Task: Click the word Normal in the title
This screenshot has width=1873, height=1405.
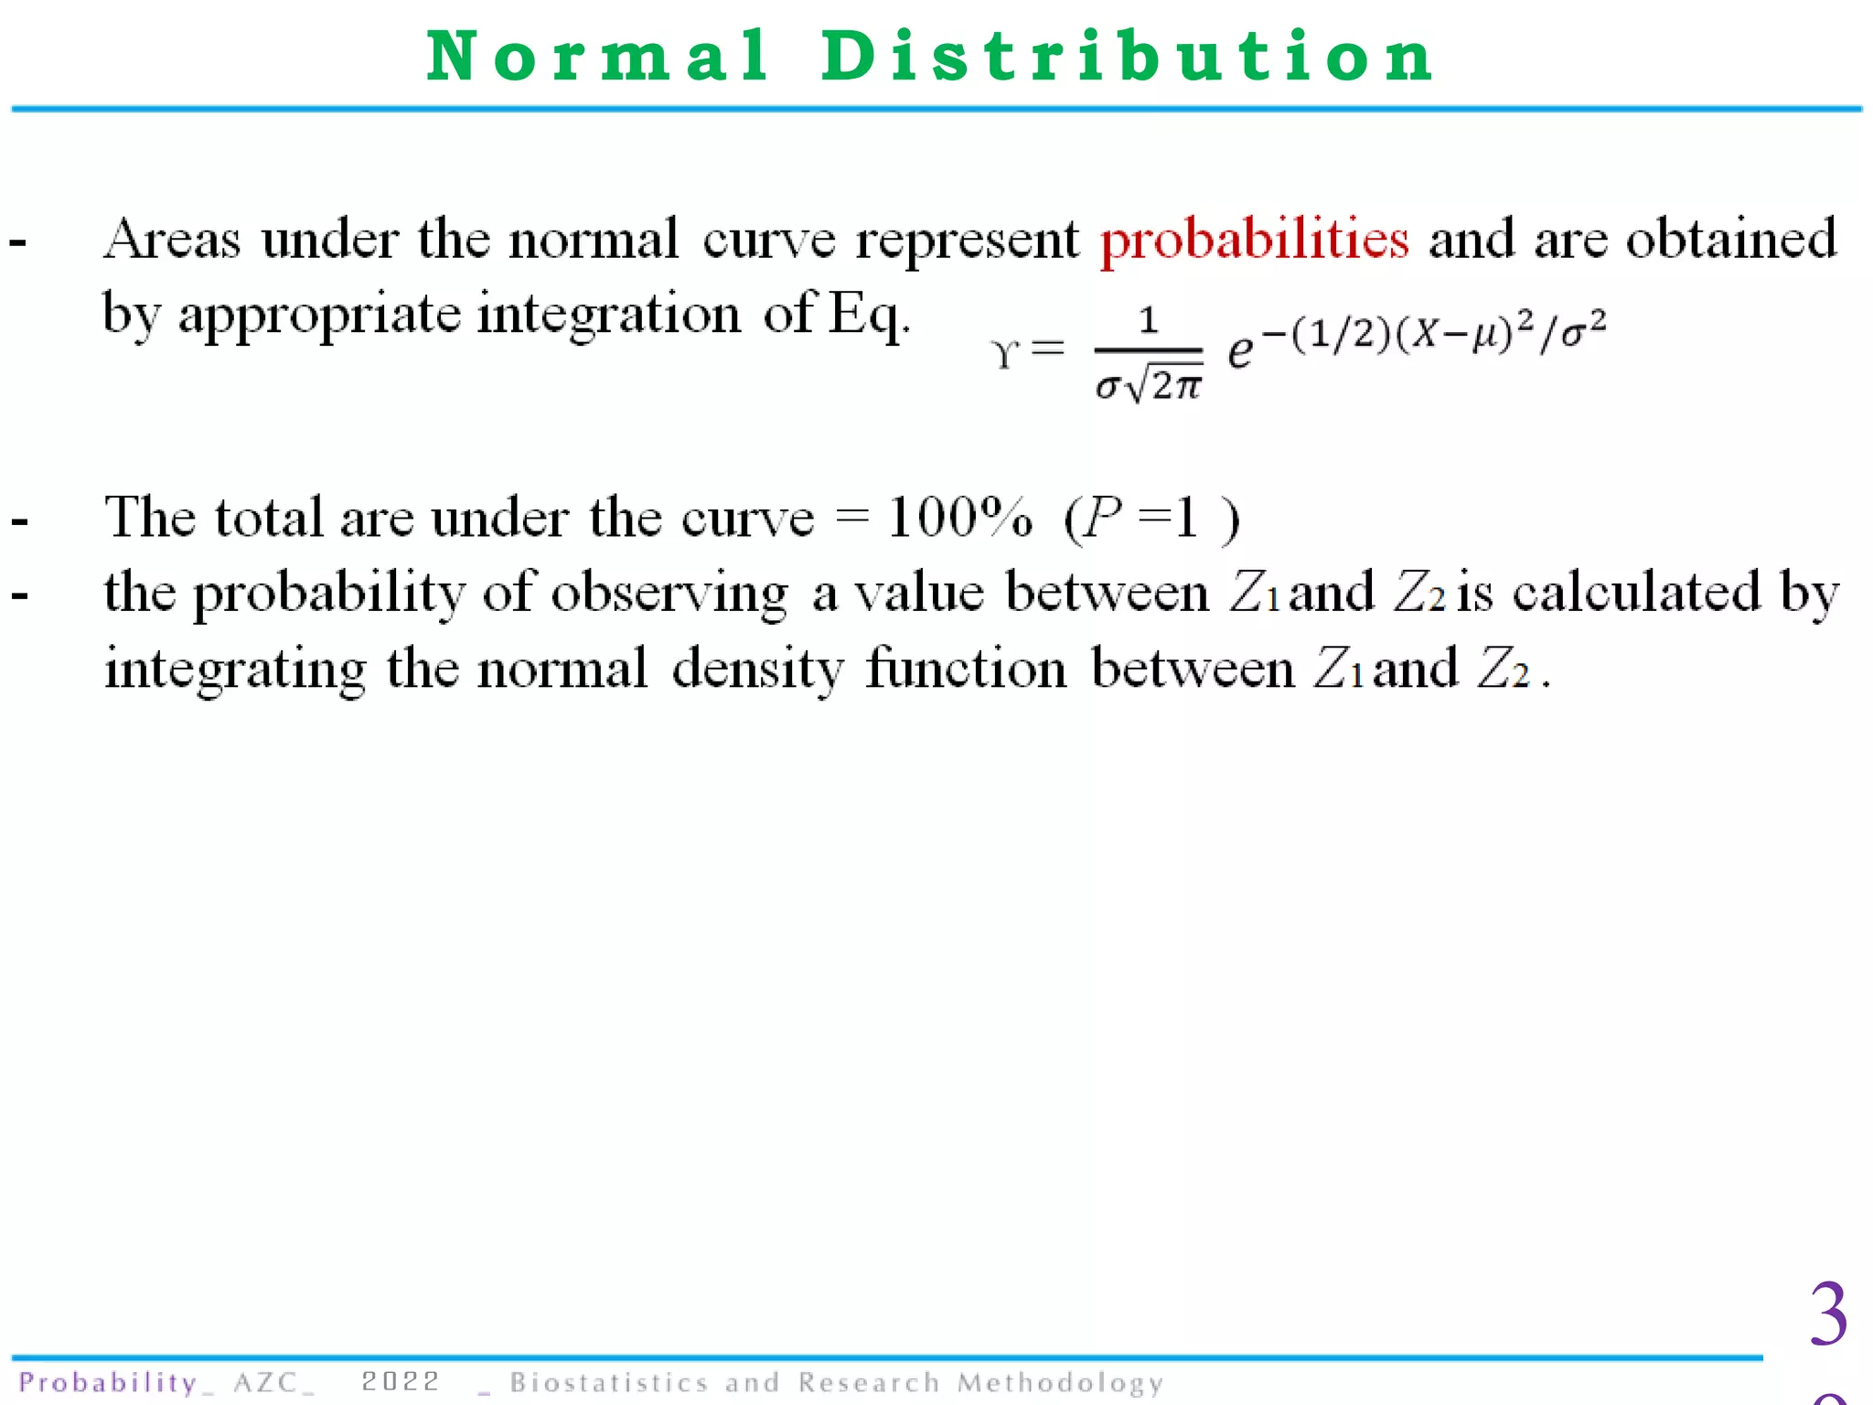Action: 599,57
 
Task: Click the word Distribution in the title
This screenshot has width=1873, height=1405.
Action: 1127,57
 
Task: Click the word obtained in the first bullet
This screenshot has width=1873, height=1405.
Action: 1730,240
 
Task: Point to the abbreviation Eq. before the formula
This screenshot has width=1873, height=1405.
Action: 869,316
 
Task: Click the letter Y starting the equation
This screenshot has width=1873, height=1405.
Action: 1004,354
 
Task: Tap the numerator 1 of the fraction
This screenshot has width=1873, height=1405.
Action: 1149,320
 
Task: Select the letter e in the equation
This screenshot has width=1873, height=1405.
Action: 1240,351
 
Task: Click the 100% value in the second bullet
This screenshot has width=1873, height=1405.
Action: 960,518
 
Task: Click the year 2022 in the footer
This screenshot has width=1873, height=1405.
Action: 401,1381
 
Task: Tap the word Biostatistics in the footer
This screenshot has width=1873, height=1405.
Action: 609,1382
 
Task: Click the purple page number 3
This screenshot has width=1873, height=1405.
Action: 1828,1315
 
